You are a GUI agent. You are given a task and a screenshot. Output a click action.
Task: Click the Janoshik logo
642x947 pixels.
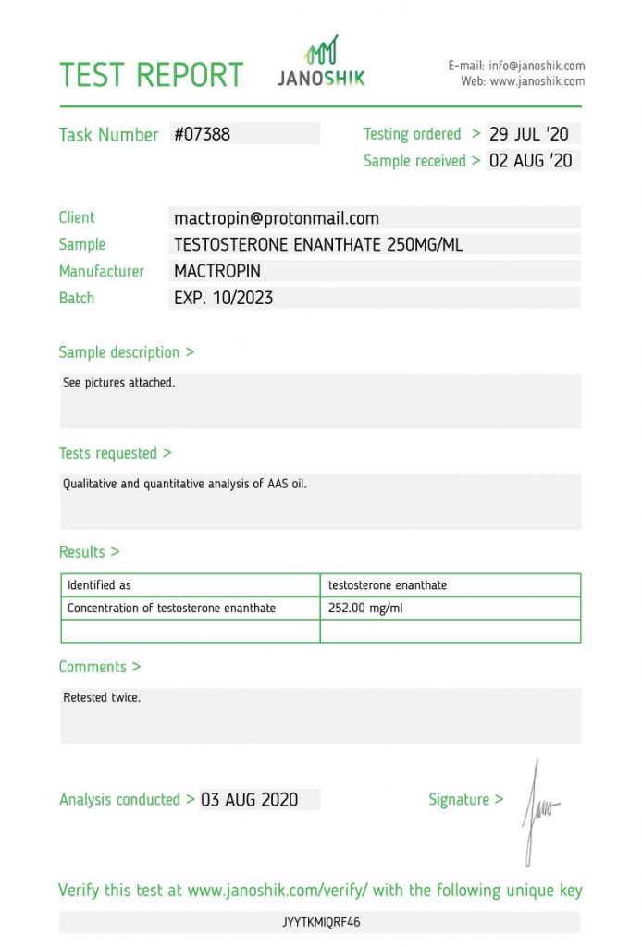coord(321,63)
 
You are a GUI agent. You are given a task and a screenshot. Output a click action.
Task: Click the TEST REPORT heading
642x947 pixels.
coord(151,75)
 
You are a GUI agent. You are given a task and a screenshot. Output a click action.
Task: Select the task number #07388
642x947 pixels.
coord(203,134)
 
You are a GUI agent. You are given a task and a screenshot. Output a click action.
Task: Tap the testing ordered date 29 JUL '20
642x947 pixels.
coord(529,134)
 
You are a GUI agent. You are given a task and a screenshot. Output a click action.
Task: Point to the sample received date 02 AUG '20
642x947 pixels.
coord(531,161)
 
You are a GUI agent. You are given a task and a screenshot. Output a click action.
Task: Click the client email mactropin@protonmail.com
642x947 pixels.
coord(277,218)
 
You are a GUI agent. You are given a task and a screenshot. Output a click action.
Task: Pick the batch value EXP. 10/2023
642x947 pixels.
coord(224,299)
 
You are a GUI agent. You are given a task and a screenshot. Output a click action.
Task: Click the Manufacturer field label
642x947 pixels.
coord(102,272)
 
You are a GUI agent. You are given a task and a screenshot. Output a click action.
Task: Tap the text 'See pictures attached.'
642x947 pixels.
coord(118,383)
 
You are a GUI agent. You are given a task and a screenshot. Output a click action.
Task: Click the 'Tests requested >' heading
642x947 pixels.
coord(115,453)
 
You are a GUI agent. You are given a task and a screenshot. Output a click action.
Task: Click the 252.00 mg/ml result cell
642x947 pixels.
coord(366,609)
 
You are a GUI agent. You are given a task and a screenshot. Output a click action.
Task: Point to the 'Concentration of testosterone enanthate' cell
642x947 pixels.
coord(171,609)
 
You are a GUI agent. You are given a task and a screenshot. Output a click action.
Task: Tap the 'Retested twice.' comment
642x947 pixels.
coord(102,698)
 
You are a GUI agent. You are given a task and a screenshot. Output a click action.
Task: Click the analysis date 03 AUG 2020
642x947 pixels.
coord(250,800)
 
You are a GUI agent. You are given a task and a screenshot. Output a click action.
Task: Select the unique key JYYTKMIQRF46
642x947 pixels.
coord(321,922)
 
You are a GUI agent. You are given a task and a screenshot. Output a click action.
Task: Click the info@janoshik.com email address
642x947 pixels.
coord(537,66)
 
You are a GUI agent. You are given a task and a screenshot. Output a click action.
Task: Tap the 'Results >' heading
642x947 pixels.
coord(89,552)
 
